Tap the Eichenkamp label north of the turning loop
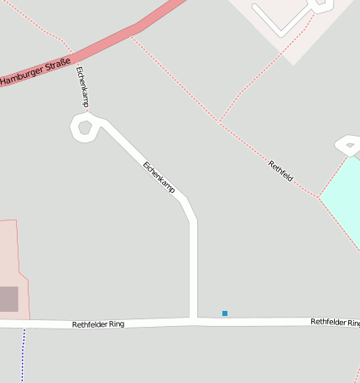click(82, 86)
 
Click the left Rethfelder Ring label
click(98, 323)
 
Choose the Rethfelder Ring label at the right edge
click(335, 322)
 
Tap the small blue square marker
click(225, 313)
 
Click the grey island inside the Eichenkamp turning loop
click(84, 128)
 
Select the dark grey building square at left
click(8, 298)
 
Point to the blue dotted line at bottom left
click(23, 352)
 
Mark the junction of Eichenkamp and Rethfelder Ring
click(193, 320)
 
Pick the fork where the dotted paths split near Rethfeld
click(220, 122)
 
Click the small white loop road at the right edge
click(349, 146)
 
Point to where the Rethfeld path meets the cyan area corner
click(319, 198)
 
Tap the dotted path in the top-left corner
click(34, 21)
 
